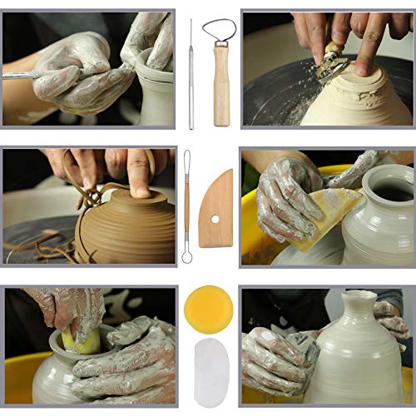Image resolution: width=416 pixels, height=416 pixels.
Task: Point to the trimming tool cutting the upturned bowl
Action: point(336,62)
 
